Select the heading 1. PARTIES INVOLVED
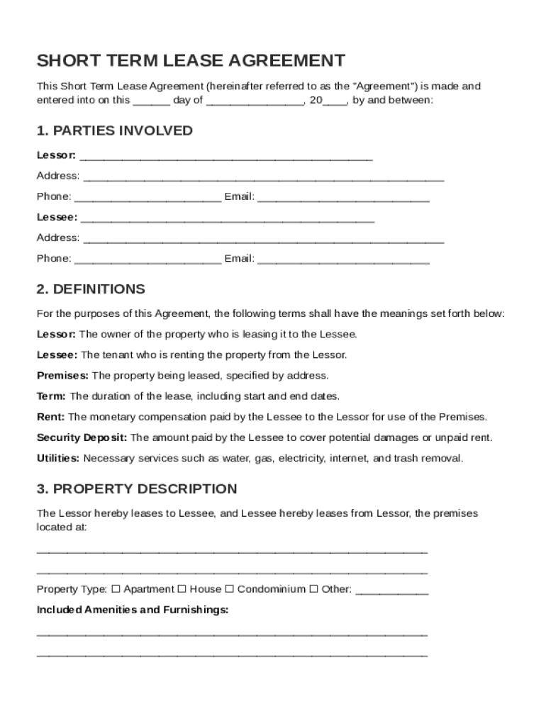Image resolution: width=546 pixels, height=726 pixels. click(115, 130)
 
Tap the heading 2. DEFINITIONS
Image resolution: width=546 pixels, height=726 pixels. click(91, 289)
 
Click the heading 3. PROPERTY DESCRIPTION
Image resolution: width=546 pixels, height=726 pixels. click(137, 489)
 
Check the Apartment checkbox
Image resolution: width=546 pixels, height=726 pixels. click(116, 589)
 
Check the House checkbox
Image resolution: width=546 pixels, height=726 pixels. click(182, 589)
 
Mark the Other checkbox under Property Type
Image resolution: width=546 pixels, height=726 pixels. click(313, 589)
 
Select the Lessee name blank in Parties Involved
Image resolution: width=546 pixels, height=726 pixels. click(228, 219)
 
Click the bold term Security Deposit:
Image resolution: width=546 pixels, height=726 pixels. click(82, 437)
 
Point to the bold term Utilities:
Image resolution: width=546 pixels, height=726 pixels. click(58, 458)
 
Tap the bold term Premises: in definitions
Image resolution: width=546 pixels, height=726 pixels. click(62, 375)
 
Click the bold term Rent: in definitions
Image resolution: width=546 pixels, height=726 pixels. click(50, 417)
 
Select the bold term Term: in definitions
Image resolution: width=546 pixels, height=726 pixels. click(51, 396)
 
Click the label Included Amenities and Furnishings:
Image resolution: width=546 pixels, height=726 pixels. click(133, 610)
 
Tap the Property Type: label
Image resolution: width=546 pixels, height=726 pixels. click(72, 589)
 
